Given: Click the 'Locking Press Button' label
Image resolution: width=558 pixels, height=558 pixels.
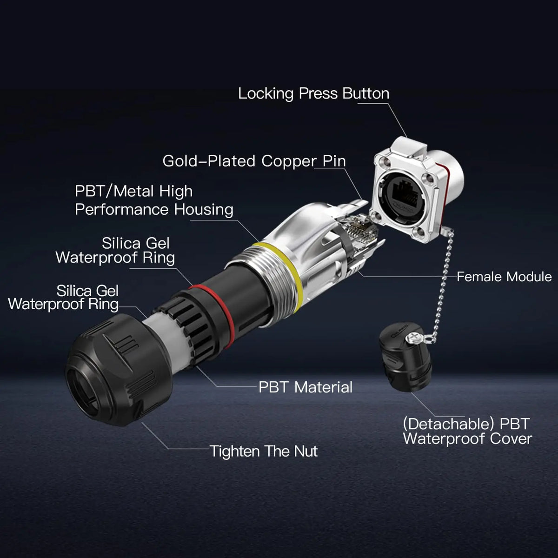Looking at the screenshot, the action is click(313, 94).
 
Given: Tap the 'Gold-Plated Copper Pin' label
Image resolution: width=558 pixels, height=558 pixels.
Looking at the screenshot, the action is click(254, 161).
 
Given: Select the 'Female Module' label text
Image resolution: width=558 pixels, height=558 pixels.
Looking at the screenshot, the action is click(504, 277).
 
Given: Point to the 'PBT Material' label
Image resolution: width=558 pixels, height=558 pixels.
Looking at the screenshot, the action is click(306, 387).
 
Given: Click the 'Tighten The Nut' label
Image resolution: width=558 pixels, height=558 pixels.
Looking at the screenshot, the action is click(264, 451).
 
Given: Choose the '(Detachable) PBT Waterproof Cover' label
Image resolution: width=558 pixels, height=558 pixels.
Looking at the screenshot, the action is click(467, 432).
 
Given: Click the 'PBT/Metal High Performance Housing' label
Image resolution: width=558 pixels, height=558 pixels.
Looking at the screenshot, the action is click(154, 200).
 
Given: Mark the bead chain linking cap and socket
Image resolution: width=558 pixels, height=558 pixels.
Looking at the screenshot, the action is click(443, 284).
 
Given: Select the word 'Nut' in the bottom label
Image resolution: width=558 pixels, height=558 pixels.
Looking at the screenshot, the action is click(306, 451).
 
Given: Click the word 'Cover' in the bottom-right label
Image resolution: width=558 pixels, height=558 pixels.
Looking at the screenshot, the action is click(511, 439).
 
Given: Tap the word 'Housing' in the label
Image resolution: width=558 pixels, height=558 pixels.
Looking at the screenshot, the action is click(204, 210).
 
